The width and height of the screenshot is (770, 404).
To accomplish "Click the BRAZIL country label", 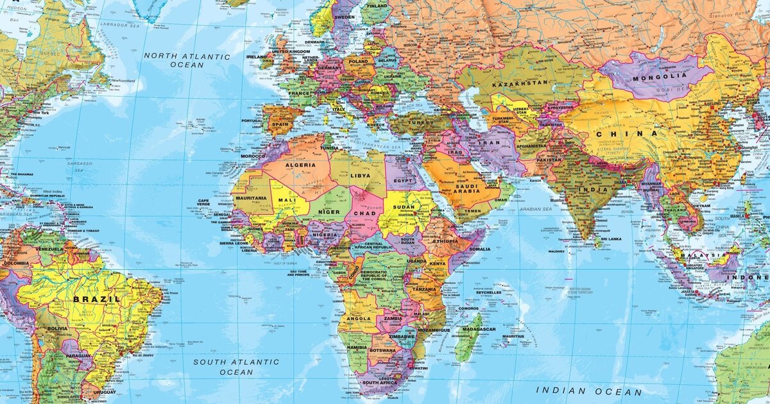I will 96,299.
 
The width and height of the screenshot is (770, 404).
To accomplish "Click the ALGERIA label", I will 300,165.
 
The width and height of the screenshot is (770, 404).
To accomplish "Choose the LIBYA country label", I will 359,175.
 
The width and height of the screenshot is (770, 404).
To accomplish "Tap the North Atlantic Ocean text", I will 187,60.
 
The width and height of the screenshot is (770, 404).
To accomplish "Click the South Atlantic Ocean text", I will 236,367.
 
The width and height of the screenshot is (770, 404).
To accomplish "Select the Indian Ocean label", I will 588,391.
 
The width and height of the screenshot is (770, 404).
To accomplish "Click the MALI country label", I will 284,200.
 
